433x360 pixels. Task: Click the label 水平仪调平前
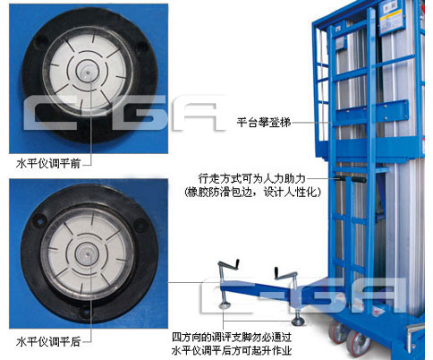click(48, 164)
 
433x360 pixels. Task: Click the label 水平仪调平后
click(48, 341)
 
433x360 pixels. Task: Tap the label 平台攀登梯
click(264, 123)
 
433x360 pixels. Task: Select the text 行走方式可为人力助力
click(252, 178)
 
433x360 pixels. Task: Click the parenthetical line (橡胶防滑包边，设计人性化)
click(253, 192)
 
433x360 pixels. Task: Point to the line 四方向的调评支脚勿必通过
click(232, 338)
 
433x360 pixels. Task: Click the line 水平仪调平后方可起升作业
click(232, 350)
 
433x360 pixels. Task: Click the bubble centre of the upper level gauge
click(86, 72)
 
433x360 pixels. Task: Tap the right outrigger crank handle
click(285, 273)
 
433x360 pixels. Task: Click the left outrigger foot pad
click(225, 305)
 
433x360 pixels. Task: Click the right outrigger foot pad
click(298, 321)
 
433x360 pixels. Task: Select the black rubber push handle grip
click(359, 180)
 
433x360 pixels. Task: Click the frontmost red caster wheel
click(358, 343)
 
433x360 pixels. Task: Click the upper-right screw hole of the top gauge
click(141, 47)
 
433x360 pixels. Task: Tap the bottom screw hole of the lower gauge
click(86, 312)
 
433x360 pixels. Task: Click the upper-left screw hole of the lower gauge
click(38, 220)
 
